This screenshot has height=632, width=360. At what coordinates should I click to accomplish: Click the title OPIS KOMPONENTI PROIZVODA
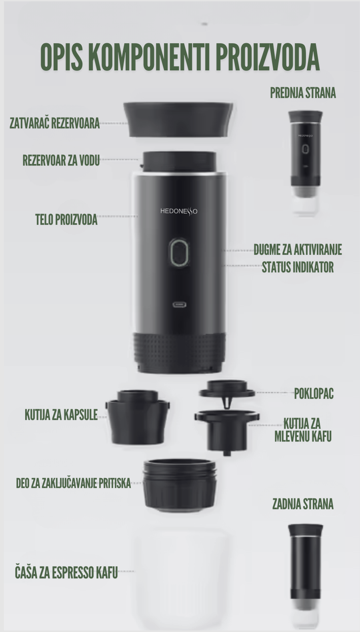coord(180,57)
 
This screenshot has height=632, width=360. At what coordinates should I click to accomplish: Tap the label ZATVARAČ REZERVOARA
coord(55,123)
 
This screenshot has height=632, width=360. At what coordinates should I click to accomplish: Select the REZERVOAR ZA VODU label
coord(61,160)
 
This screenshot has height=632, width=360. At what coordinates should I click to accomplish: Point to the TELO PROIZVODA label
coord(66,220)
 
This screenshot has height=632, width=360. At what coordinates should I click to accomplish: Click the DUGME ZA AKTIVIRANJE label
coord(298,250)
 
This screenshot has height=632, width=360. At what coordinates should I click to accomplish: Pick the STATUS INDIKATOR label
coord(298,267)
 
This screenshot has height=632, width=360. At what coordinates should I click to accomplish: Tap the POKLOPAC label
coord(314,393)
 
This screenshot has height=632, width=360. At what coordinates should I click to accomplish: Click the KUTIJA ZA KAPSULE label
coord(61,415)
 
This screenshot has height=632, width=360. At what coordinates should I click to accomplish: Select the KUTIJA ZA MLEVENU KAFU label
coord(303,430)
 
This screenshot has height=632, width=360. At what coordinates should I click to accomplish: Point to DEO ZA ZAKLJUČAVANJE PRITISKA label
coord(73,483)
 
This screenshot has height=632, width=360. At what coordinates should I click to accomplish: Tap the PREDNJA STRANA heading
coord(303,93)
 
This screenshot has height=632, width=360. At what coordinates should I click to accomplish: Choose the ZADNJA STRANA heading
coord(303,504)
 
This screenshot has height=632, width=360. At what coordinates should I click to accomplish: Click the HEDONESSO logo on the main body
coord(179,211)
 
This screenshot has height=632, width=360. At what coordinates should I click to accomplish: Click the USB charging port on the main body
coord(180,305)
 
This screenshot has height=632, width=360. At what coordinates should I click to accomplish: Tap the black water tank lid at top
coord(178,120)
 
